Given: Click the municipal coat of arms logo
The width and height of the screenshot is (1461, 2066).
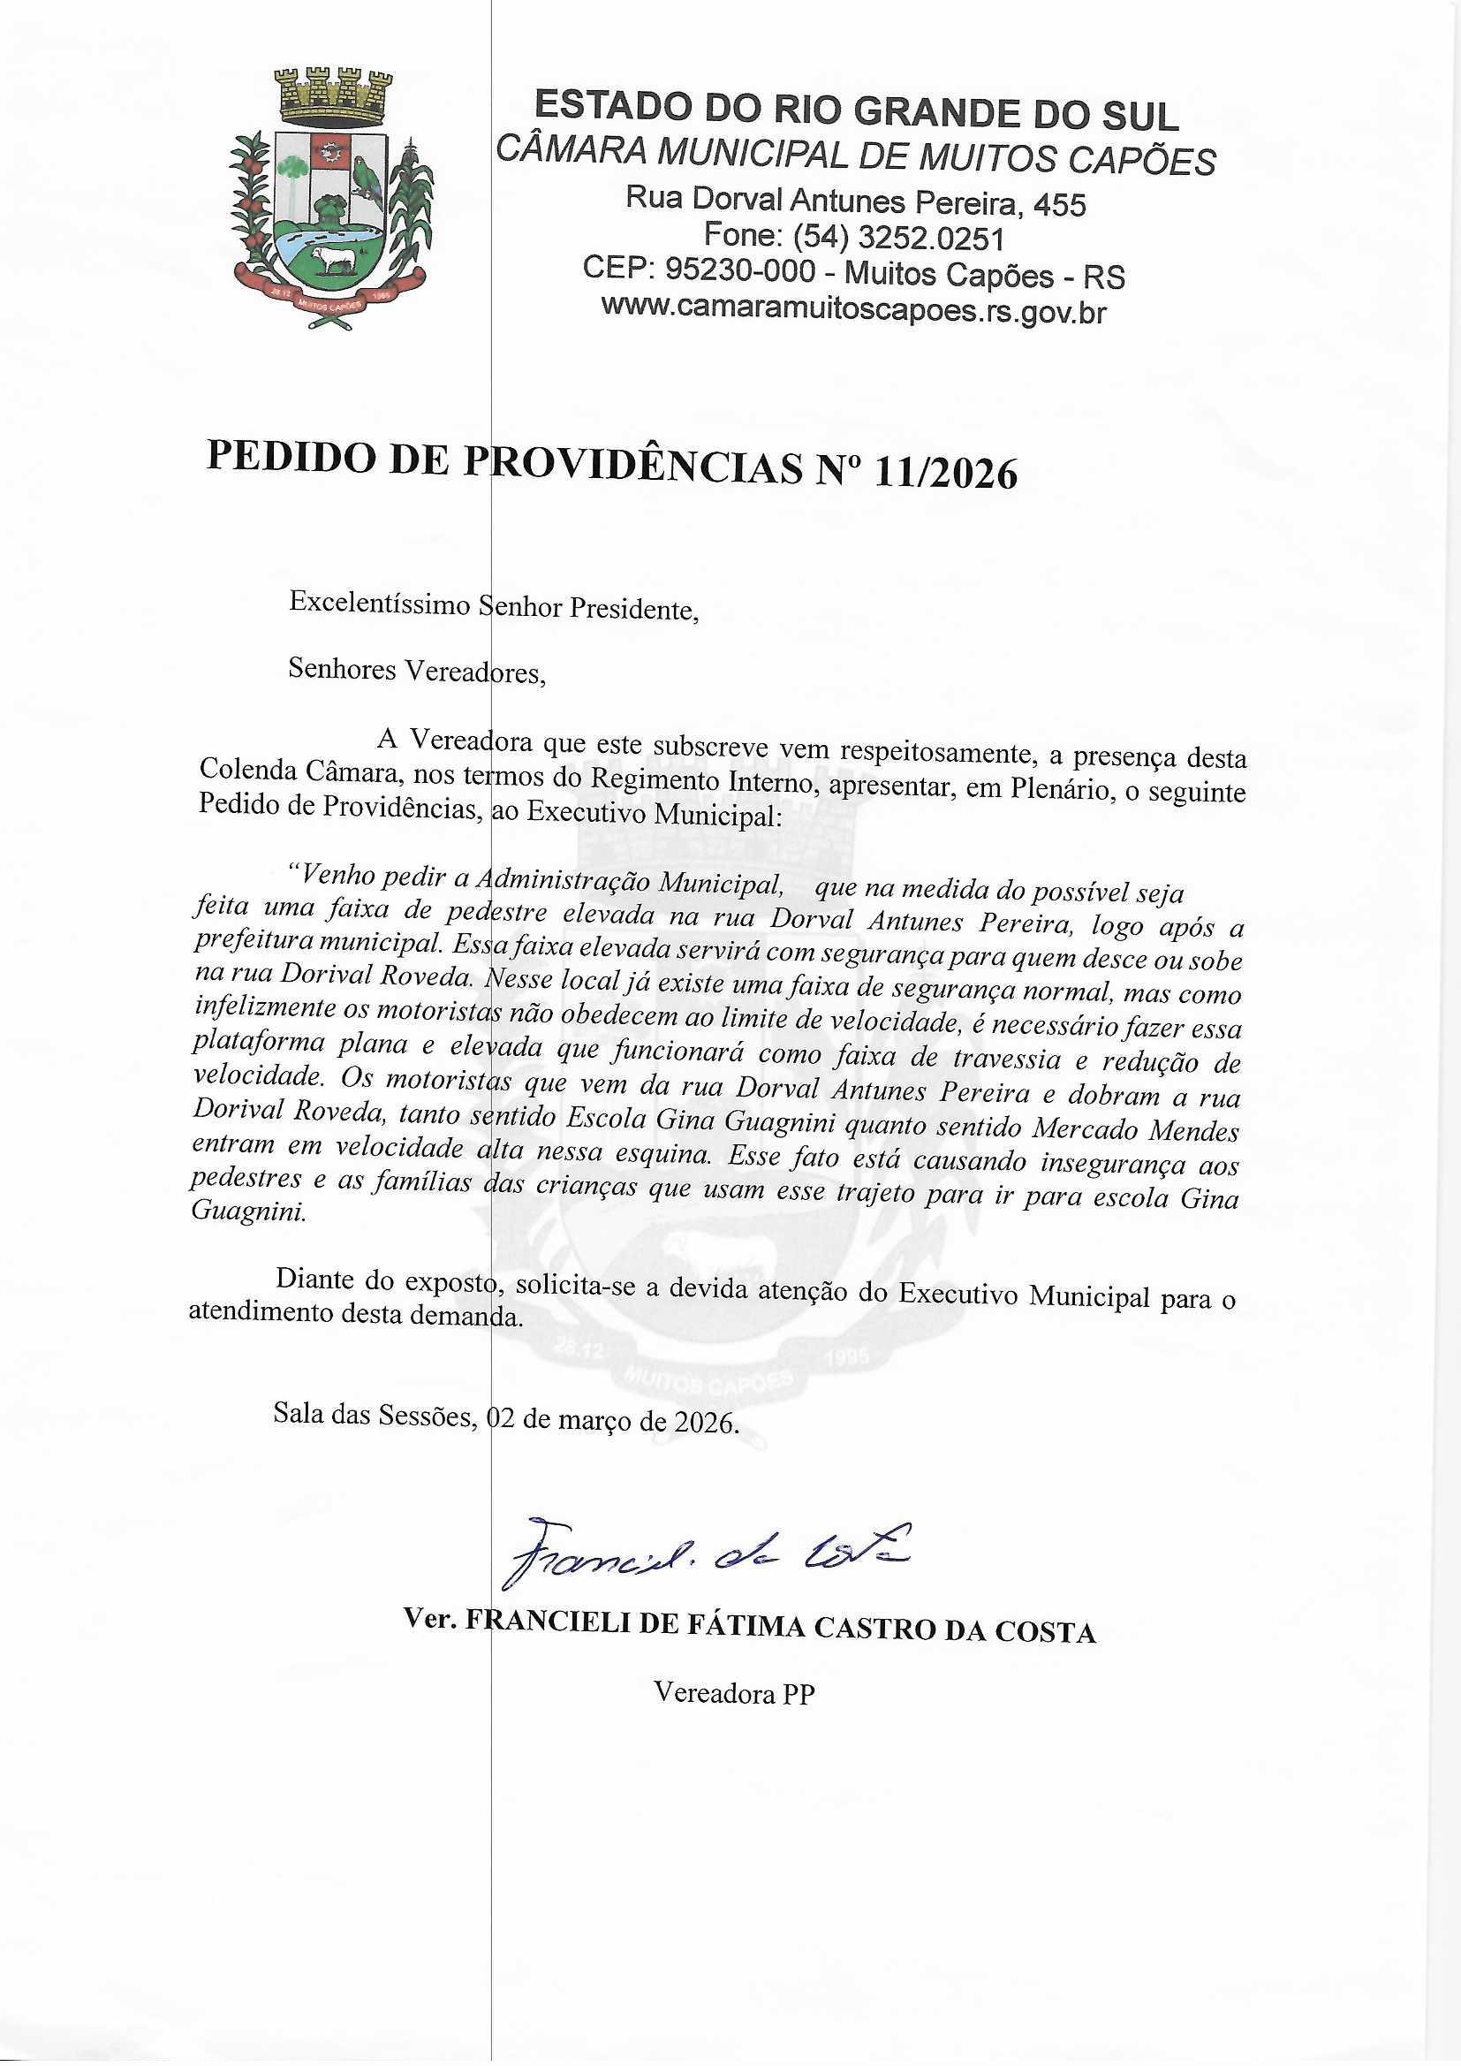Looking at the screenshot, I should point(332,195).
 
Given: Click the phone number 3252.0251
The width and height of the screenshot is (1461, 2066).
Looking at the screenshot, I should point(931,239).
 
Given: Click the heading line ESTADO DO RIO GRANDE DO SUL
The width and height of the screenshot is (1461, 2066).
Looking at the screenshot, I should point(856,113).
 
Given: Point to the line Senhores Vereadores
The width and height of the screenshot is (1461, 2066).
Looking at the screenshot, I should point(416,671).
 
